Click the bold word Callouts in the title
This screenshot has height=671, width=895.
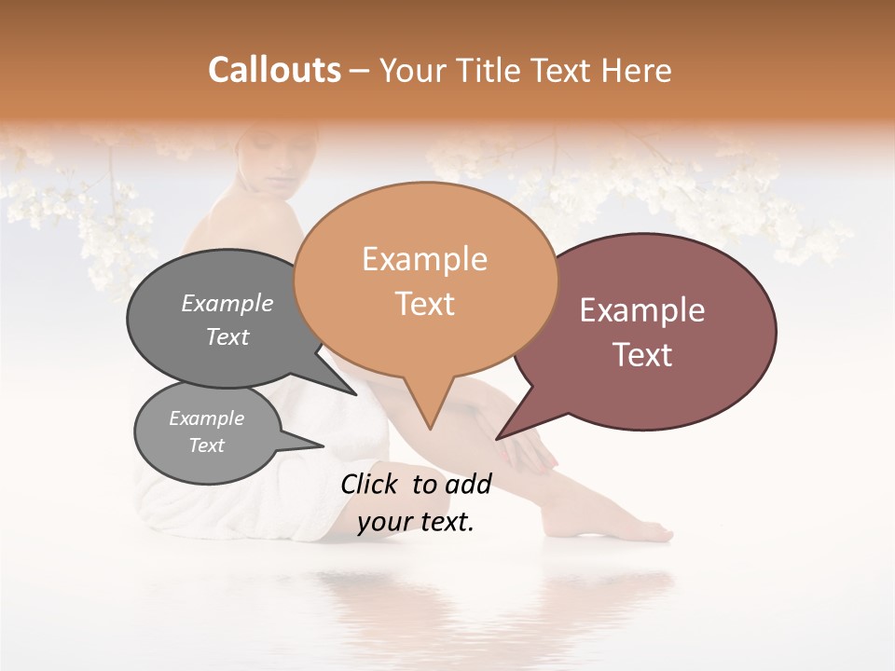click(274, 70)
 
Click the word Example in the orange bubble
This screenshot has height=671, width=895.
click(424, 259)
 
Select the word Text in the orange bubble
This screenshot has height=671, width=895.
click(425, 304)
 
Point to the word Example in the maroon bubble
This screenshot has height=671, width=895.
click(642, 310)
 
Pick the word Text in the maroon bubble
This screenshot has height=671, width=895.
click(643, 354)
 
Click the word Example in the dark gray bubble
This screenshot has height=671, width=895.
click(227, 303)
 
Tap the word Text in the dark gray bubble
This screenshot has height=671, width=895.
click(227, 336)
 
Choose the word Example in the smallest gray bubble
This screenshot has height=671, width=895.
click(206, 418)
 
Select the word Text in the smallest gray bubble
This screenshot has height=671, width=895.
click(206, 445)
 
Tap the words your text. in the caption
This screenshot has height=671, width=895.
click(416, 522)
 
